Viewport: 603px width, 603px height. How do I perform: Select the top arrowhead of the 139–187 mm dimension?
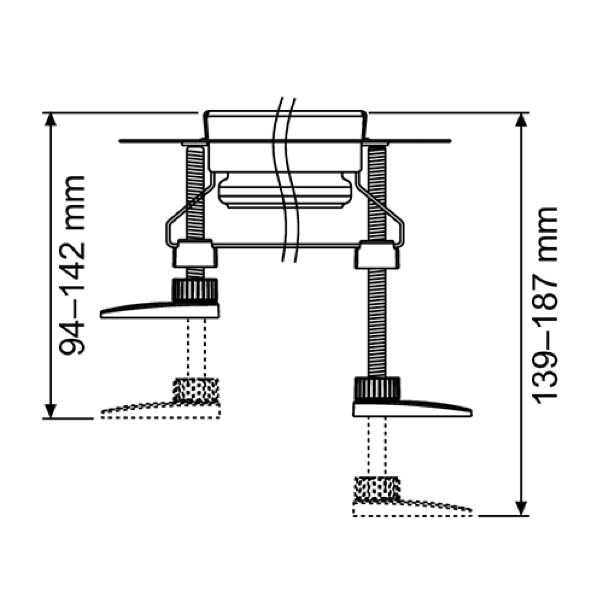tap(522, 119)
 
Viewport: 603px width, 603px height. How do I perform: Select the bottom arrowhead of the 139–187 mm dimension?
tap(522, 508)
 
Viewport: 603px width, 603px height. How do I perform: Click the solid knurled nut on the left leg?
tap(195, 290)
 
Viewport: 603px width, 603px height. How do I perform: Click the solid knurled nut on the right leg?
tap(377, 389)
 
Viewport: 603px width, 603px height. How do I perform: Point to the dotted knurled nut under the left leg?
tap(196, 390)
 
